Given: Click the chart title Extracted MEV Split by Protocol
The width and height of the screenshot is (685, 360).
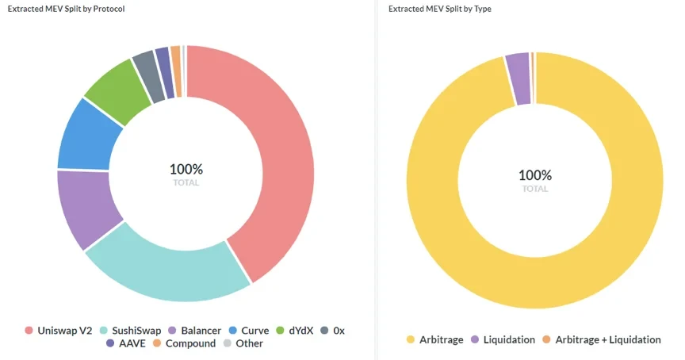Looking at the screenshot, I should click(x=66, y=9).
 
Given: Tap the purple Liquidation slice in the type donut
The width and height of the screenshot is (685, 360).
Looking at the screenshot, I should click(x=519, y=68).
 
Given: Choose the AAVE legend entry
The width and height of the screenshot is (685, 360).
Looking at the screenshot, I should click(x=127, y=343).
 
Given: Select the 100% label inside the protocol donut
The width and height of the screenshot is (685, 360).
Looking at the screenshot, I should click(x=186, y=170).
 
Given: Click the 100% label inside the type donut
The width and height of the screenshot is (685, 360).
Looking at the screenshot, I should click(x=535, y=175).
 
